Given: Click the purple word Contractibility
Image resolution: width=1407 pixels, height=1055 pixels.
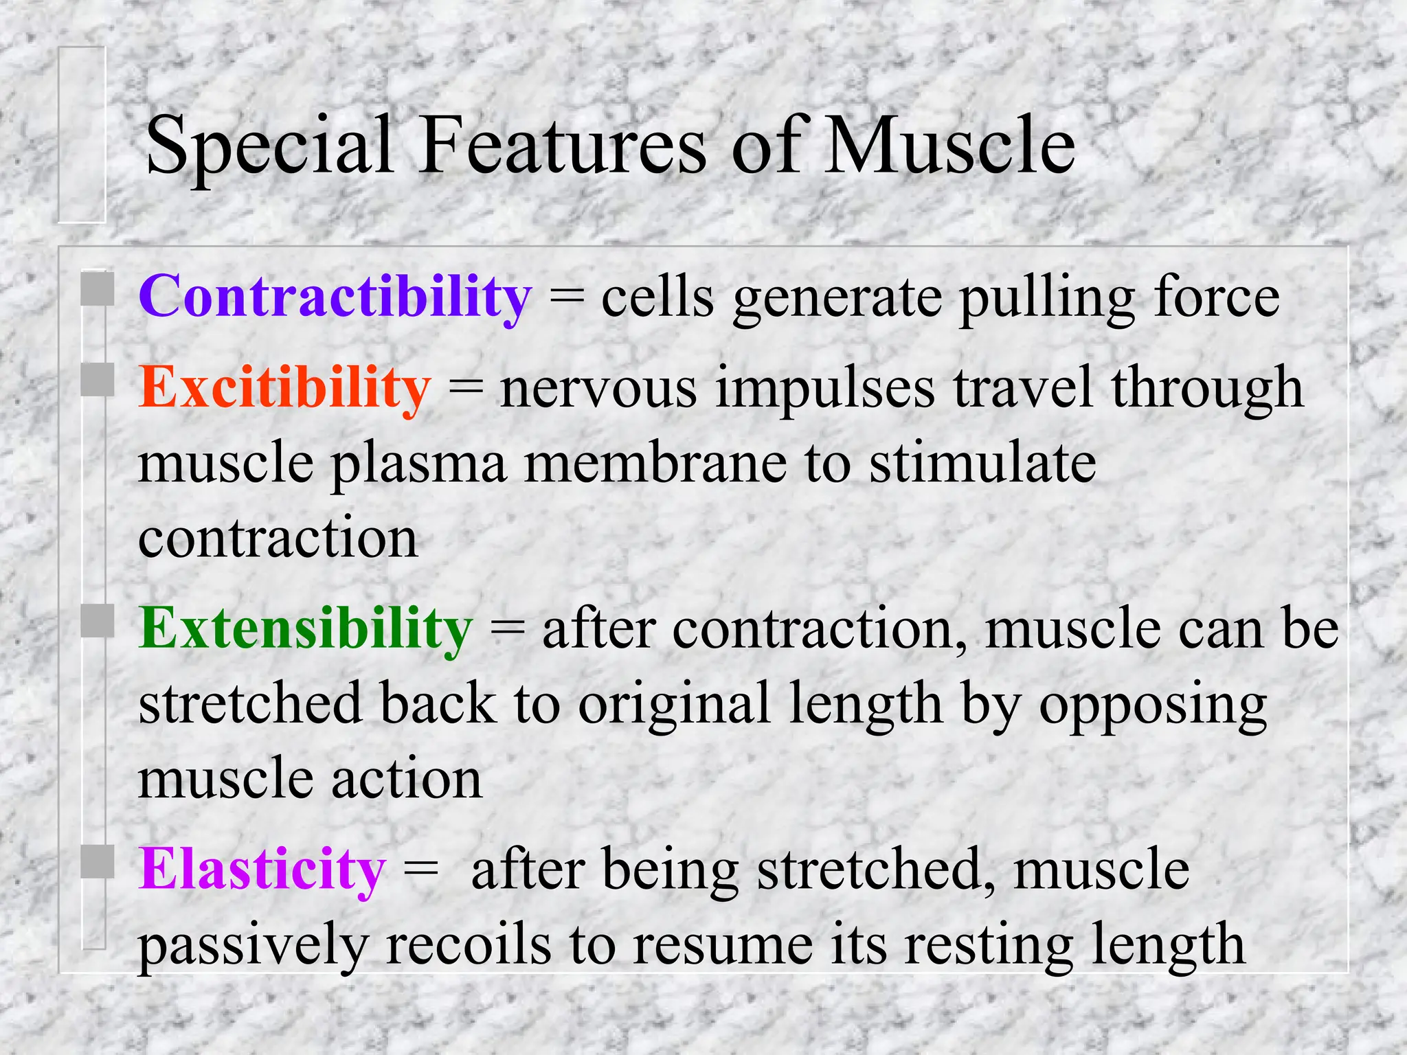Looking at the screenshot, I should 335,297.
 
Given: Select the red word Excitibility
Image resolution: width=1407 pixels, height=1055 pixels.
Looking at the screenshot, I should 284,388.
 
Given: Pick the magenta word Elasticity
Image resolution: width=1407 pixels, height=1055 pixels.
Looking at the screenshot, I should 262,870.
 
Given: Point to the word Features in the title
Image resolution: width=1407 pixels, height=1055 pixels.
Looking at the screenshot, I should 562,146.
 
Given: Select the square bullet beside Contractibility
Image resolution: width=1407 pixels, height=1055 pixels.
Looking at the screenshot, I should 97,289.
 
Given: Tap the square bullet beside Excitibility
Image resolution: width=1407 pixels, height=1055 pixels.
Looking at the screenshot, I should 97,380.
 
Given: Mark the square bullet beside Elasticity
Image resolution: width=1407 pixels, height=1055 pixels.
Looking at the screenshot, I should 97,861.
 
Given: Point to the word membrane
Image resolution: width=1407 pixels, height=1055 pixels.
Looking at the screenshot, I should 655,464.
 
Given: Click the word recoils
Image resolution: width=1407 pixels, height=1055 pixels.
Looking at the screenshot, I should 469,945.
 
